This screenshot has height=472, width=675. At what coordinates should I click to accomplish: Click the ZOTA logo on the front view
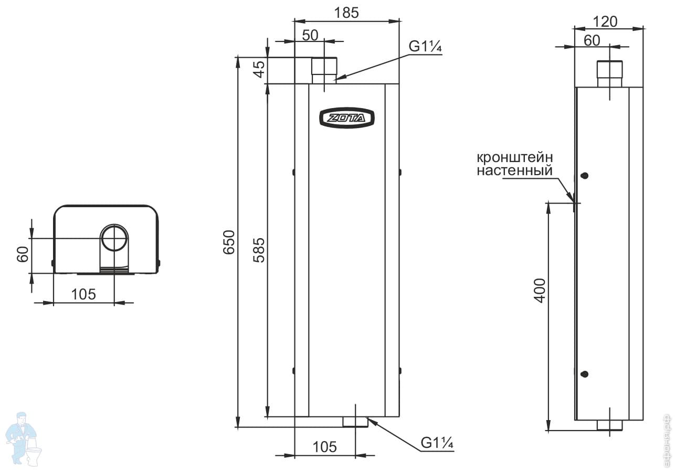(x=346, y=118)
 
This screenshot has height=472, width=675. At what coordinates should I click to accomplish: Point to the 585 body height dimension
(x=259, y=250)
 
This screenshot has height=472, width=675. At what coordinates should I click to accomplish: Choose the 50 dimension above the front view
(x=310, y=35)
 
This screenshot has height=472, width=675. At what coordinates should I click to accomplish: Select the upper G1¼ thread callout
(x=426, y=47)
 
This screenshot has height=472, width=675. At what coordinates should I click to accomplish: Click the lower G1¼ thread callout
(x=437, y=443)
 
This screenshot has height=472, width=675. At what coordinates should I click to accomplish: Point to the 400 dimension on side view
(x=541, y=289)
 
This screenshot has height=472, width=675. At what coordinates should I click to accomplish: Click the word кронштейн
(x=515, y=157)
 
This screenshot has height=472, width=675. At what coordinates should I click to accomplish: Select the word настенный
(x=514, y=170)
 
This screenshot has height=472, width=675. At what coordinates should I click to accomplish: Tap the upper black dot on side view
(x=585, y=176)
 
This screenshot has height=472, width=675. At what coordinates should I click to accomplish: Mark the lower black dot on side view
(x=585, y=374)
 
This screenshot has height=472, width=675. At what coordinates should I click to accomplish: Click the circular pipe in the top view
(x=114, y=238)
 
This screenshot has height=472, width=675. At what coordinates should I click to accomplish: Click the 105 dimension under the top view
(x=83, y=294)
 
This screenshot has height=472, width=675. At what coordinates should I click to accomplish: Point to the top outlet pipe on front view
(x=324, y=71)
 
